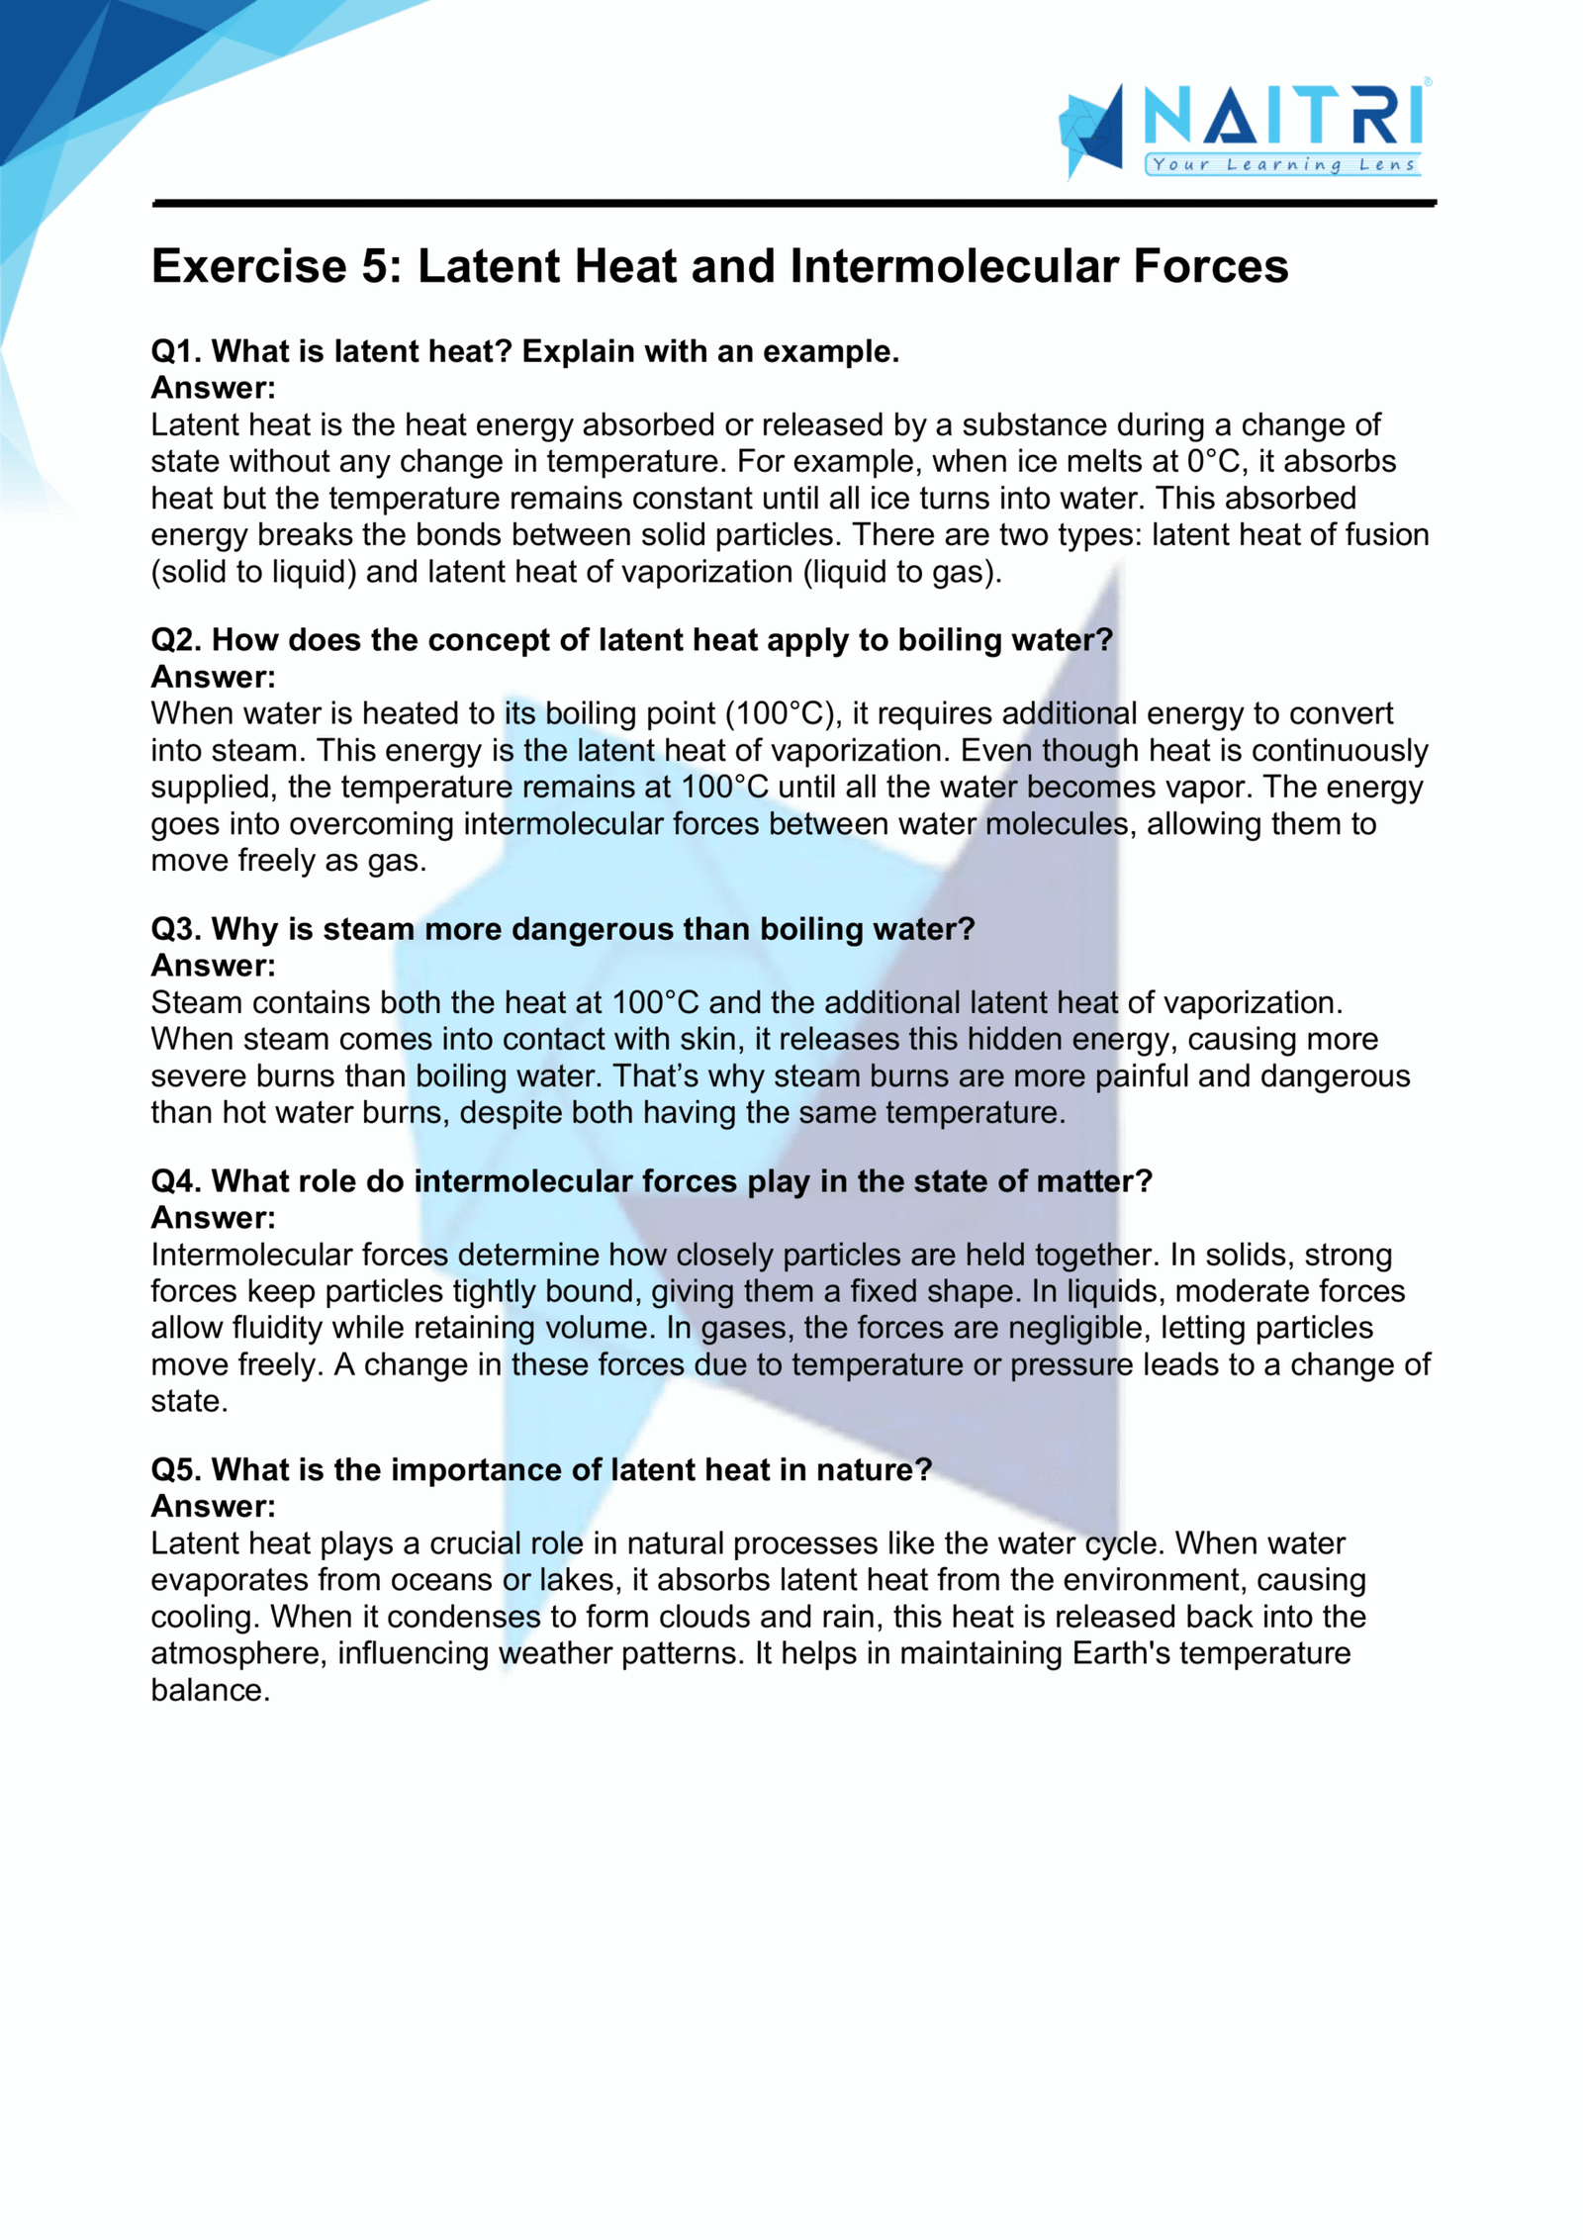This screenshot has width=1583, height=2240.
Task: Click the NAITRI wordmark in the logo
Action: pos(1283,117)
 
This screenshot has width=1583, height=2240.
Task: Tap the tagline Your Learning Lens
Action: pos(1283,165)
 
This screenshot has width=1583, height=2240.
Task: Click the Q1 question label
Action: pos(177,351)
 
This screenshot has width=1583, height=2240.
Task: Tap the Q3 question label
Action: pos(177,929)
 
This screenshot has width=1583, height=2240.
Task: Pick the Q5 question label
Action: pos(177,1469)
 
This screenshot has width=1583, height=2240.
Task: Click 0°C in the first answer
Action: pos(1213,461)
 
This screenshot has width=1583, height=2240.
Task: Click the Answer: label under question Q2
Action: pos(213,677)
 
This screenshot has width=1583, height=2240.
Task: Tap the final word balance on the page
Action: pos(209,1690)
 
